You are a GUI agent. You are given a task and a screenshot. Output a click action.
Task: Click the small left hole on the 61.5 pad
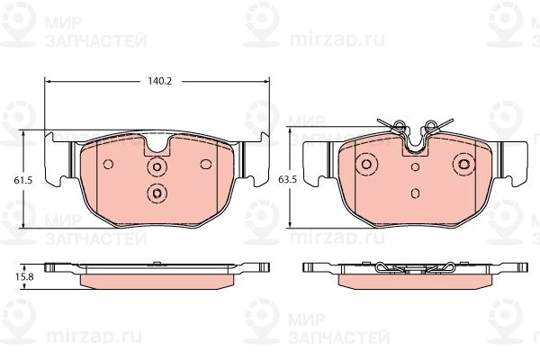coord(108,165)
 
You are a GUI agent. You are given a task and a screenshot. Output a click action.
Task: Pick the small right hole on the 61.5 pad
coord(205,164)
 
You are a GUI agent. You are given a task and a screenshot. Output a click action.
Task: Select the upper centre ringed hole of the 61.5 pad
coord(157,166)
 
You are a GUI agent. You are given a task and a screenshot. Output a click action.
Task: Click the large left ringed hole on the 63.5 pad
coord(366,164)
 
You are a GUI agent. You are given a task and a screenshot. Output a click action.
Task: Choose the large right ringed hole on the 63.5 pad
coord(463,164)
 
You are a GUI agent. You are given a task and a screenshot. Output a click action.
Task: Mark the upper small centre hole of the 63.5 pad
coord(415,166)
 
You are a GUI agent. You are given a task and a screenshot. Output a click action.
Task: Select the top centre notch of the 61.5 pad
coord(157,145)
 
